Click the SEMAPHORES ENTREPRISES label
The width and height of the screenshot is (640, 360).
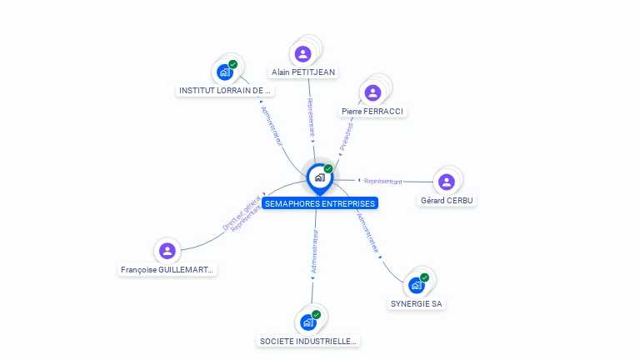click(x=319, y=203)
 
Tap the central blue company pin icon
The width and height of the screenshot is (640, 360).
click(x=319, y=177)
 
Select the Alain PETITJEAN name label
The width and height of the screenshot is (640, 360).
click(x=303, y=72)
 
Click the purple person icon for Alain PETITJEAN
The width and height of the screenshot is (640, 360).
click(x=302, y=53)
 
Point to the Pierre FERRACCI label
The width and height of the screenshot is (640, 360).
click(x=372, y=111)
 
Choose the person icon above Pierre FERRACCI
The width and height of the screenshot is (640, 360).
click(x=373, y=92)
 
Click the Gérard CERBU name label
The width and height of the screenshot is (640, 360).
click(x=447, y=201)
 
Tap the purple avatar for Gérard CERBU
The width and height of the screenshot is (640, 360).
click(x=447, y=182)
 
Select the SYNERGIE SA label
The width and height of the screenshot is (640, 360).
click(x=416, y=303)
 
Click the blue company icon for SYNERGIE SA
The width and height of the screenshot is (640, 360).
click(x=417, y=285)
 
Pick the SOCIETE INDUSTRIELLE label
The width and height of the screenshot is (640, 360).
click(x=307, y=341)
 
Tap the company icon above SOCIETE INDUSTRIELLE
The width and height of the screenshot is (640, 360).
click(x=308, y=322)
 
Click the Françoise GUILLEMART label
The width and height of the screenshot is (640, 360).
click(x=167, y=270)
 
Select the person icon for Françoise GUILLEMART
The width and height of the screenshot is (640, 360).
click(x=167, y=250)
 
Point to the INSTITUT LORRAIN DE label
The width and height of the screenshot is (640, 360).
click(x=225, y=90)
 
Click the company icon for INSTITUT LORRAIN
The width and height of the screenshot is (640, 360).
click(x=225, y=72)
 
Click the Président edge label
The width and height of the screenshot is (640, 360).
click(x=347, y=136)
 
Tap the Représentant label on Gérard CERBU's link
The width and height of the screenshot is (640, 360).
click(x=383, y=181)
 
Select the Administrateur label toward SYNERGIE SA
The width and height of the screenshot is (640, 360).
click(x=367, y=232)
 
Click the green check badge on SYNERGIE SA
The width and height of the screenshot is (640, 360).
click(x=424, y=277)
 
